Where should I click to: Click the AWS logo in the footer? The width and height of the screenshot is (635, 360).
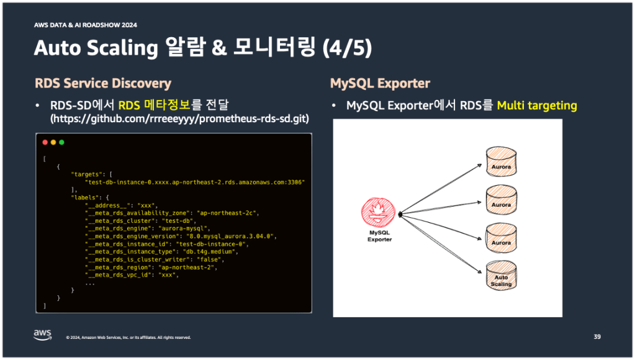42,335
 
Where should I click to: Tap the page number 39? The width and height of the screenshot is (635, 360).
597,336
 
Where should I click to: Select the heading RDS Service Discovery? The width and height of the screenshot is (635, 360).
103,83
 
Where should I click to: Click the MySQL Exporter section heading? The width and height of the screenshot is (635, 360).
380,83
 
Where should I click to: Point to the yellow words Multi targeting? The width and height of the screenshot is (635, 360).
537,106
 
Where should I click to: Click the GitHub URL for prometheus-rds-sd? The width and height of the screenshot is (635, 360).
179,118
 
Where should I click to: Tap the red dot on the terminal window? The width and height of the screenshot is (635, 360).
45,142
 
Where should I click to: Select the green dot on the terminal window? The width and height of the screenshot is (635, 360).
61,142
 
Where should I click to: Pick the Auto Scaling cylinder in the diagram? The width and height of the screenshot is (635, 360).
501,277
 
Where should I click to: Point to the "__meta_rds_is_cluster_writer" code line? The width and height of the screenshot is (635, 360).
158,259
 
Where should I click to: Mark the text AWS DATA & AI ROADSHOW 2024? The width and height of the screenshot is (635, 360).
86,25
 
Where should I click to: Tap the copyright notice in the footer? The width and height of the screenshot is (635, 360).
128,338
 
